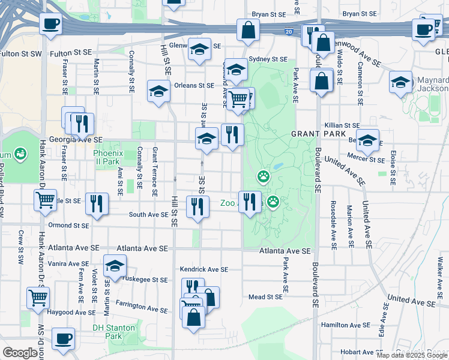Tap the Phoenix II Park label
108,157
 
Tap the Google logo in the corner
20,353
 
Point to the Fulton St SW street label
21,53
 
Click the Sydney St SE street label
268,59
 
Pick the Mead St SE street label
265,296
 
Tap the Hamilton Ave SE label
346,325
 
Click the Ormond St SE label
69,226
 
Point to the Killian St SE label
342,125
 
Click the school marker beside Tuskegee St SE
115,266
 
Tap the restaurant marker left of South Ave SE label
97,203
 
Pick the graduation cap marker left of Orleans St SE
158,91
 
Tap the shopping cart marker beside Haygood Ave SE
38,297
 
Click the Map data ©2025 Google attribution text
412,355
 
